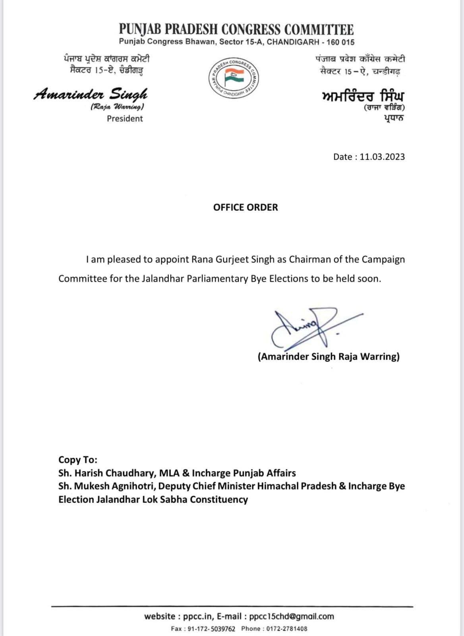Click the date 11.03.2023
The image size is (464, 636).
382,157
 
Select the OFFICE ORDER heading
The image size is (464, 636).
246,207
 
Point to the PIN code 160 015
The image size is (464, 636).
340,42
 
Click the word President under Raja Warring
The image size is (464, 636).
125,118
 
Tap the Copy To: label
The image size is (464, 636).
78,460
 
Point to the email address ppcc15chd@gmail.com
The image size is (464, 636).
292,617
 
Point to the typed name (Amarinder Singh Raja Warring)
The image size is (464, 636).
329,357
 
